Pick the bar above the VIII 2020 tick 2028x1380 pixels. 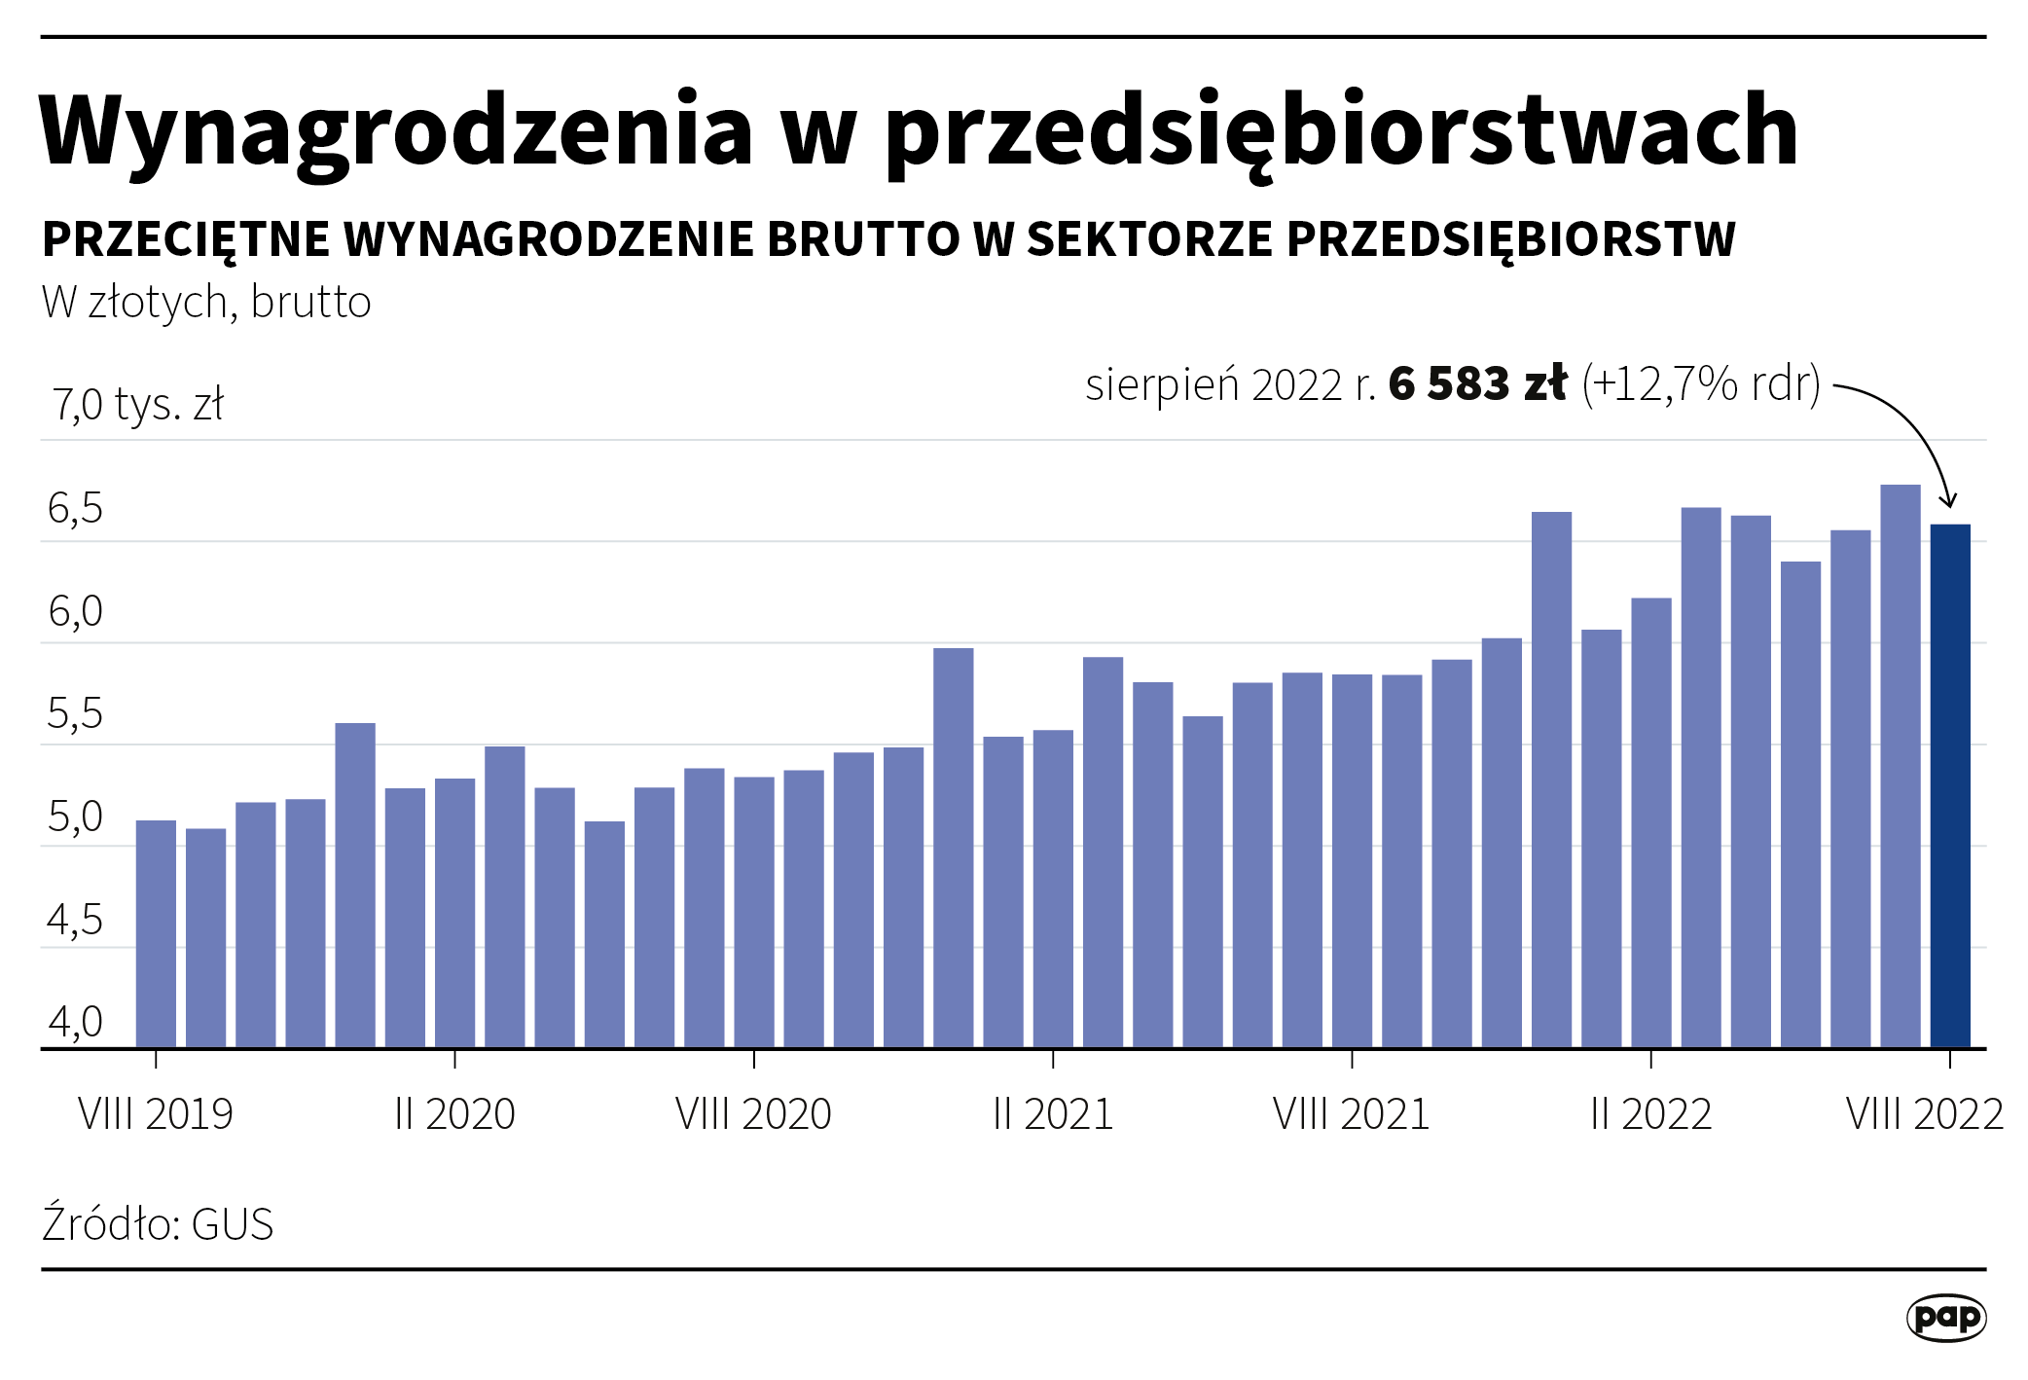tap(754, 911)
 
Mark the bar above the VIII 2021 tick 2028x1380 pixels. tap(1352, 860)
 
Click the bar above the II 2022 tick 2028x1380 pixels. tap(1651, 822)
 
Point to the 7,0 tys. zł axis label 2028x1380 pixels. tap(138, 404)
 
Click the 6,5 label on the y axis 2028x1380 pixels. tap(75, 509)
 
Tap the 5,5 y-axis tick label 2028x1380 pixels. tap(75, 714)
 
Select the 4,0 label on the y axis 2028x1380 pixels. tap(75, 1022)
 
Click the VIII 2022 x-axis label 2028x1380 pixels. tap(1924, 1114)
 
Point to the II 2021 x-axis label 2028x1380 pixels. tap(1053, 1114)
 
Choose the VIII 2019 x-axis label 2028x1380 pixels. tap(156, 1114)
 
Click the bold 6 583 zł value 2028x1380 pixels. tap(1477, 383)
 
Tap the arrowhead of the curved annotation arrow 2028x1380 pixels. tap(1948, 501)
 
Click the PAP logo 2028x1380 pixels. tap(1945, 1318)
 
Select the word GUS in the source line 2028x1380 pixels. tap(233, 1224)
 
